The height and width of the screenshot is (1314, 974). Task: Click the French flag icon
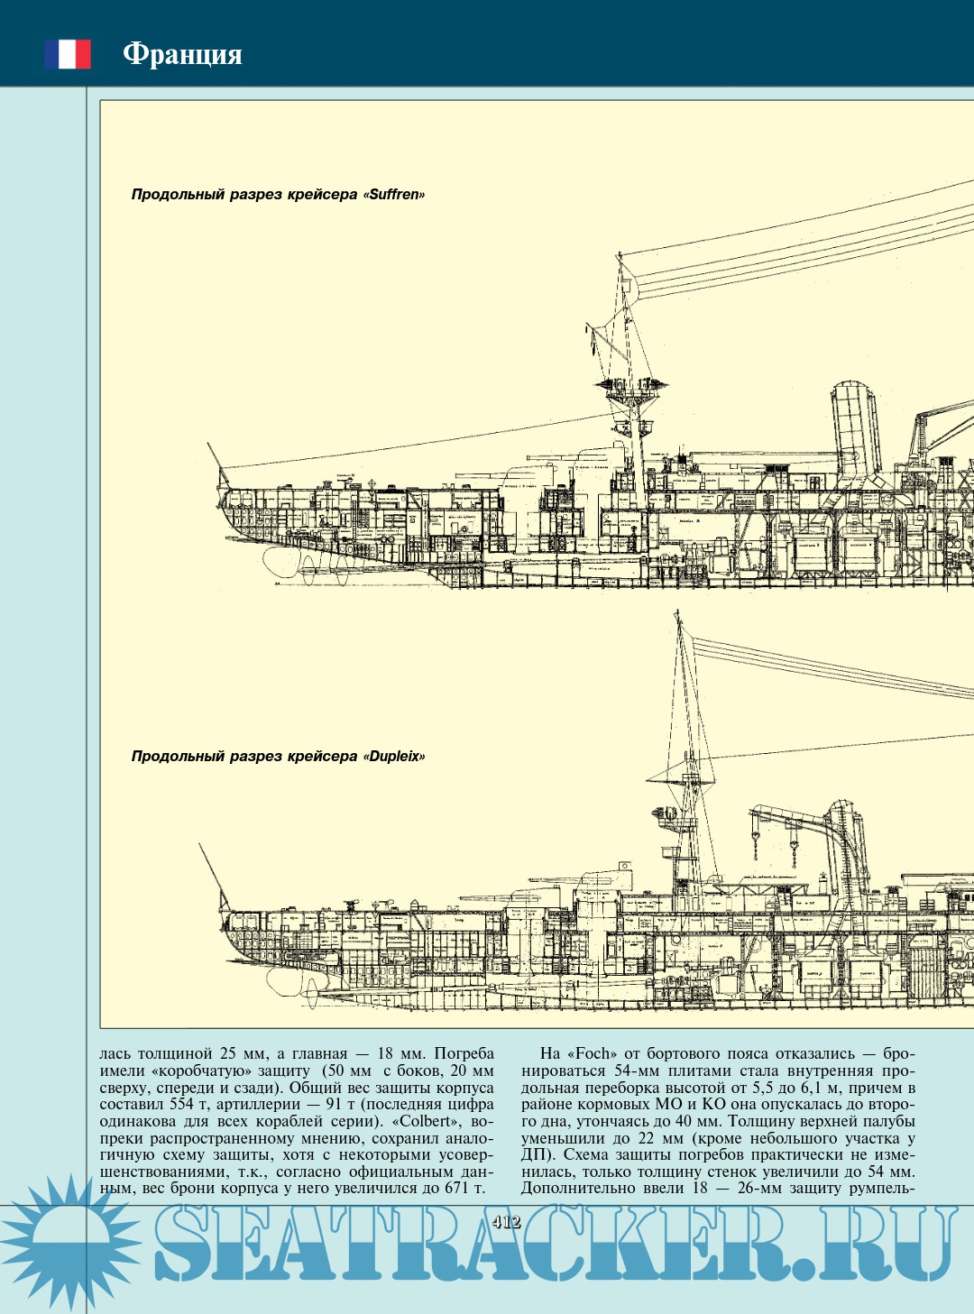point(68,54)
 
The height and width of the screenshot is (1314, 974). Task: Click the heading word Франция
point(182,54)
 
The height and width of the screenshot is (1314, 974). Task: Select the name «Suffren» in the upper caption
point(394,195)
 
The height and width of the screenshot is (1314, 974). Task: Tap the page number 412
point(507,1222)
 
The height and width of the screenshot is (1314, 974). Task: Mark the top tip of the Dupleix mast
point(678,614)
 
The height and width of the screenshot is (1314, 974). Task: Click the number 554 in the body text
point(181,1105)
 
